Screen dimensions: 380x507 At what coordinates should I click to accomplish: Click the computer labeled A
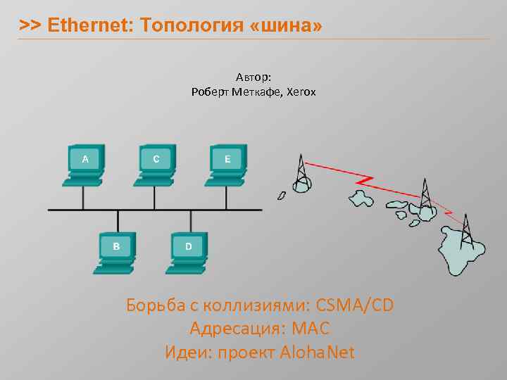click(84, 163)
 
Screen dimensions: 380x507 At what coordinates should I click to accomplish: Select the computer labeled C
click(156, 163)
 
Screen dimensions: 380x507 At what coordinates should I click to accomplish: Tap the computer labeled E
click(226, 163)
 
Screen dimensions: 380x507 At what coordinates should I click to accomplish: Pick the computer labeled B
click(116, 250)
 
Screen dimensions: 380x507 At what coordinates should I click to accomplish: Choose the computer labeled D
click(187, 250)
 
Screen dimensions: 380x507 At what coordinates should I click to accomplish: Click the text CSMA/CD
click(356, 306)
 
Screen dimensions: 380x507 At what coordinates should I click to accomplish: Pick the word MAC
click(311, 329)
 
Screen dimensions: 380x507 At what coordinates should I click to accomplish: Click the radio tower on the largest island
click(466, 228)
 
